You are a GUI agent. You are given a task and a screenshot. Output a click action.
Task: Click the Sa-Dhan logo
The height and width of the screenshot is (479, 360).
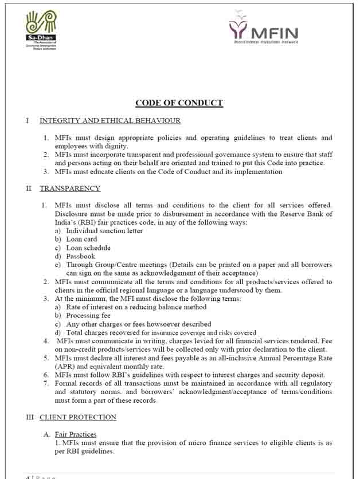pyautogui.click(x=41, y=28)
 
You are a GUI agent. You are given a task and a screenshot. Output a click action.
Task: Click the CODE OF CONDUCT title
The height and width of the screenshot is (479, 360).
pyautogui.click(x=179, y=103)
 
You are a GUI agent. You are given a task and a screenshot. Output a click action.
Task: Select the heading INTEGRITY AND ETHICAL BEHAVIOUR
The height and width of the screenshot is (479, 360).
pyautogui.click(x=110, y=120)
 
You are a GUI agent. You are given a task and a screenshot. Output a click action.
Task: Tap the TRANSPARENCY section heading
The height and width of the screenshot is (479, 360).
pyautogui.click(x=70, y=188)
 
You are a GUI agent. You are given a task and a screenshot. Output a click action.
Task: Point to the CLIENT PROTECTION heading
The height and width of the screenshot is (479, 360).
pyautogui.click(x=78, y=417)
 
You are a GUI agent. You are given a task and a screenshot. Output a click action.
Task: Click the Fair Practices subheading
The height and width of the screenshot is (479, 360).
pyautogui.click(x=76, y=434)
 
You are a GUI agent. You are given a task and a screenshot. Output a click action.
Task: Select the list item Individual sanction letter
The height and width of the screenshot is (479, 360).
pyautogui.click(x=104, y=230)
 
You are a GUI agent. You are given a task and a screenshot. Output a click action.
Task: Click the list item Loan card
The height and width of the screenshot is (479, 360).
pyautogui.click(x=81, y=239)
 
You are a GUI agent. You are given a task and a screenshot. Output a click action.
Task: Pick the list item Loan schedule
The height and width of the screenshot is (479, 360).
pyautogui.click(x=88, y=248)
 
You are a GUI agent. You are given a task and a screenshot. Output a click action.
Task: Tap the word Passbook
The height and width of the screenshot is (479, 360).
pyautogui.click(x=80, y=256)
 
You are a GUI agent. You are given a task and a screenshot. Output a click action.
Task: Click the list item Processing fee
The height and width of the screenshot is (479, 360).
pyautogui.click(x=88, y=315)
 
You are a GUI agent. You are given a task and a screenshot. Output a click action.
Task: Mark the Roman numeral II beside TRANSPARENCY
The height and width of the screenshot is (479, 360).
pyautogui.click(x=28, y=188)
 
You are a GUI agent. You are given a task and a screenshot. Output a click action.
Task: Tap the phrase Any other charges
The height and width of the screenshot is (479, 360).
pyautogui.click(x=94, y=324)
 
